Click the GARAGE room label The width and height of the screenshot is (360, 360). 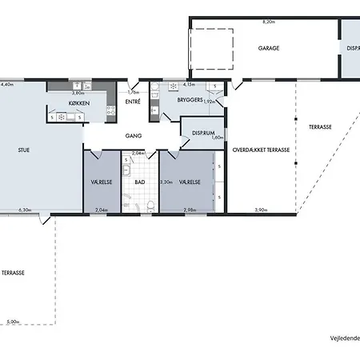pos(268,48)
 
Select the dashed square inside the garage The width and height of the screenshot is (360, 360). pos(210,50)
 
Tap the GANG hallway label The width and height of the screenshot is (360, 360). pos(134,135)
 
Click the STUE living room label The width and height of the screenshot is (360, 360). pos(25,149)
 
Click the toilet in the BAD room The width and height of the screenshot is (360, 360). pos(150,206)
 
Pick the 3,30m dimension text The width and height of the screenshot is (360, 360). pos(166,182)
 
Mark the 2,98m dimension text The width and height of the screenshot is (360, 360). pos(190,210)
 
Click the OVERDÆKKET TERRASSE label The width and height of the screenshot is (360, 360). pos(260,150)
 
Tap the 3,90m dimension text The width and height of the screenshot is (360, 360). pos(261,210)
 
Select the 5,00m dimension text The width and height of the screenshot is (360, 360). pos(11,322)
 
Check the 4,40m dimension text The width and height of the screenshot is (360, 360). pos(8,84)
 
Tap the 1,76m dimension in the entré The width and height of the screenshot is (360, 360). pos(133,93)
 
